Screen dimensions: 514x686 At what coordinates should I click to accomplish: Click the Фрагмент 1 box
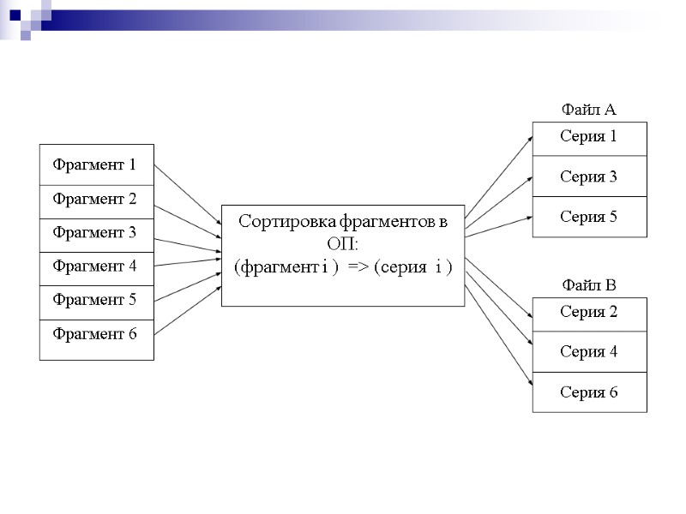pos(96,164)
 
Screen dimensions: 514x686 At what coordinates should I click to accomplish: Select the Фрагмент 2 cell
pos(96,200)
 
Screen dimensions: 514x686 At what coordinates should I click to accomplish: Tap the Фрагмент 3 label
pos(94,233)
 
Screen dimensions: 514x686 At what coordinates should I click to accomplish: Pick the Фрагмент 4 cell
pos(96,266)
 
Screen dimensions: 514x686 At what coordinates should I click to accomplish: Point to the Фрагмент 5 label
pos(94,300)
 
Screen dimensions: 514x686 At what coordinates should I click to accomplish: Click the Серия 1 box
pos(589,137)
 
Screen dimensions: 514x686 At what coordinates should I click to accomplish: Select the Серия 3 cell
pos(589,176)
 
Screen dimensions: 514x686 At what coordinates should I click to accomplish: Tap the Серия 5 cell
pos(589,218)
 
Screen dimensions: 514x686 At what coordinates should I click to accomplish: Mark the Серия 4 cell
pos(589,352)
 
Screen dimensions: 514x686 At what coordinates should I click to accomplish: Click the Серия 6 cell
pos(589,392)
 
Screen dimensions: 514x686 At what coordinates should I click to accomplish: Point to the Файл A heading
pos(588,110)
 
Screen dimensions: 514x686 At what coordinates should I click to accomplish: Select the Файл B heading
pos(588,285)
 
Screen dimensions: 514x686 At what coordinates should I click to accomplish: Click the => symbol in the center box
pos(358,267)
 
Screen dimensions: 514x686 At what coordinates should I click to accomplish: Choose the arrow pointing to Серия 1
pos(499,175)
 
